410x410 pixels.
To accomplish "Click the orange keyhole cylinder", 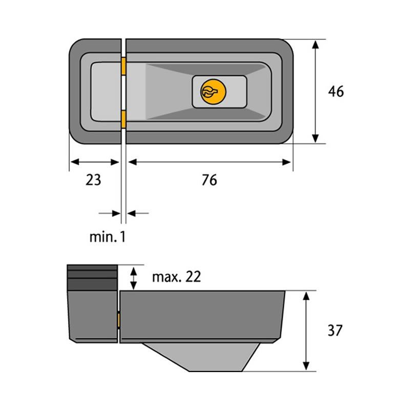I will pyautogui.click(x=211, y=92).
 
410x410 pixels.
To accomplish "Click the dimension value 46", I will pyautogui.click(x=336, y=92).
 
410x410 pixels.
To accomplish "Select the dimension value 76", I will pyautogui.click(x=209, y=180).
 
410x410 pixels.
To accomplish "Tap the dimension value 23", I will pyautogui.click(x=93, y=180).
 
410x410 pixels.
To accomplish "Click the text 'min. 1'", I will pyautogui.click(x=107, y=237).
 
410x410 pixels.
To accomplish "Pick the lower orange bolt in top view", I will pyautogui.click(x=124, y=118).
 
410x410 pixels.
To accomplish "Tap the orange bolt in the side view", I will pyautogui.click(x=119, y=321).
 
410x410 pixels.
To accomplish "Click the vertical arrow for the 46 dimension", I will pyautogui.click(x=316, y=91).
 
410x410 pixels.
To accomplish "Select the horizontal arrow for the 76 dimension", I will pyautogui.click(x=209, y=162).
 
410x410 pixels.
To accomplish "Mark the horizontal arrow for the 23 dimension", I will pyautogui.click(x=94, y=162).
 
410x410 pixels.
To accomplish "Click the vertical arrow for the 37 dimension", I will pyautogui.click(x=306, y=331).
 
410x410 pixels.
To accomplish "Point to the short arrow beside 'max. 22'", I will pyautogui.click(x=134, y=277).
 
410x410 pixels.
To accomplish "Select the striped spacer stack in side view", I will pyautogui.click(x=93, y=277).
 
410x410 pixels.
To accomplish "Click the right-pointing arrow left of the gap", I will pyautogui.click(x=109, y=212).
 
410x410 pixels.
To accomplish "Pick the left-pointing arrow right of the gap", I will pyautogui.click(x=137, y=212).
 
